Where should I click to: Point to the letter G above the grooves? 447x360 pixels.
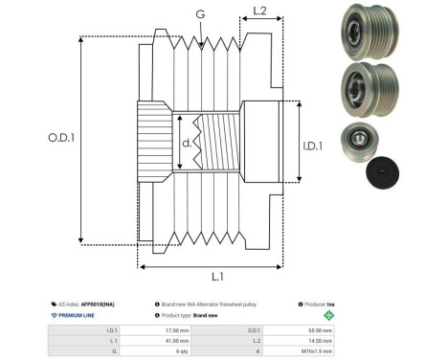pyautogui.click(x=199, y=14)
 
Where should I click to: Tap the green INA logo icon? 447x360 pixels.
pyautogui.click(x=330, y=314)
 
